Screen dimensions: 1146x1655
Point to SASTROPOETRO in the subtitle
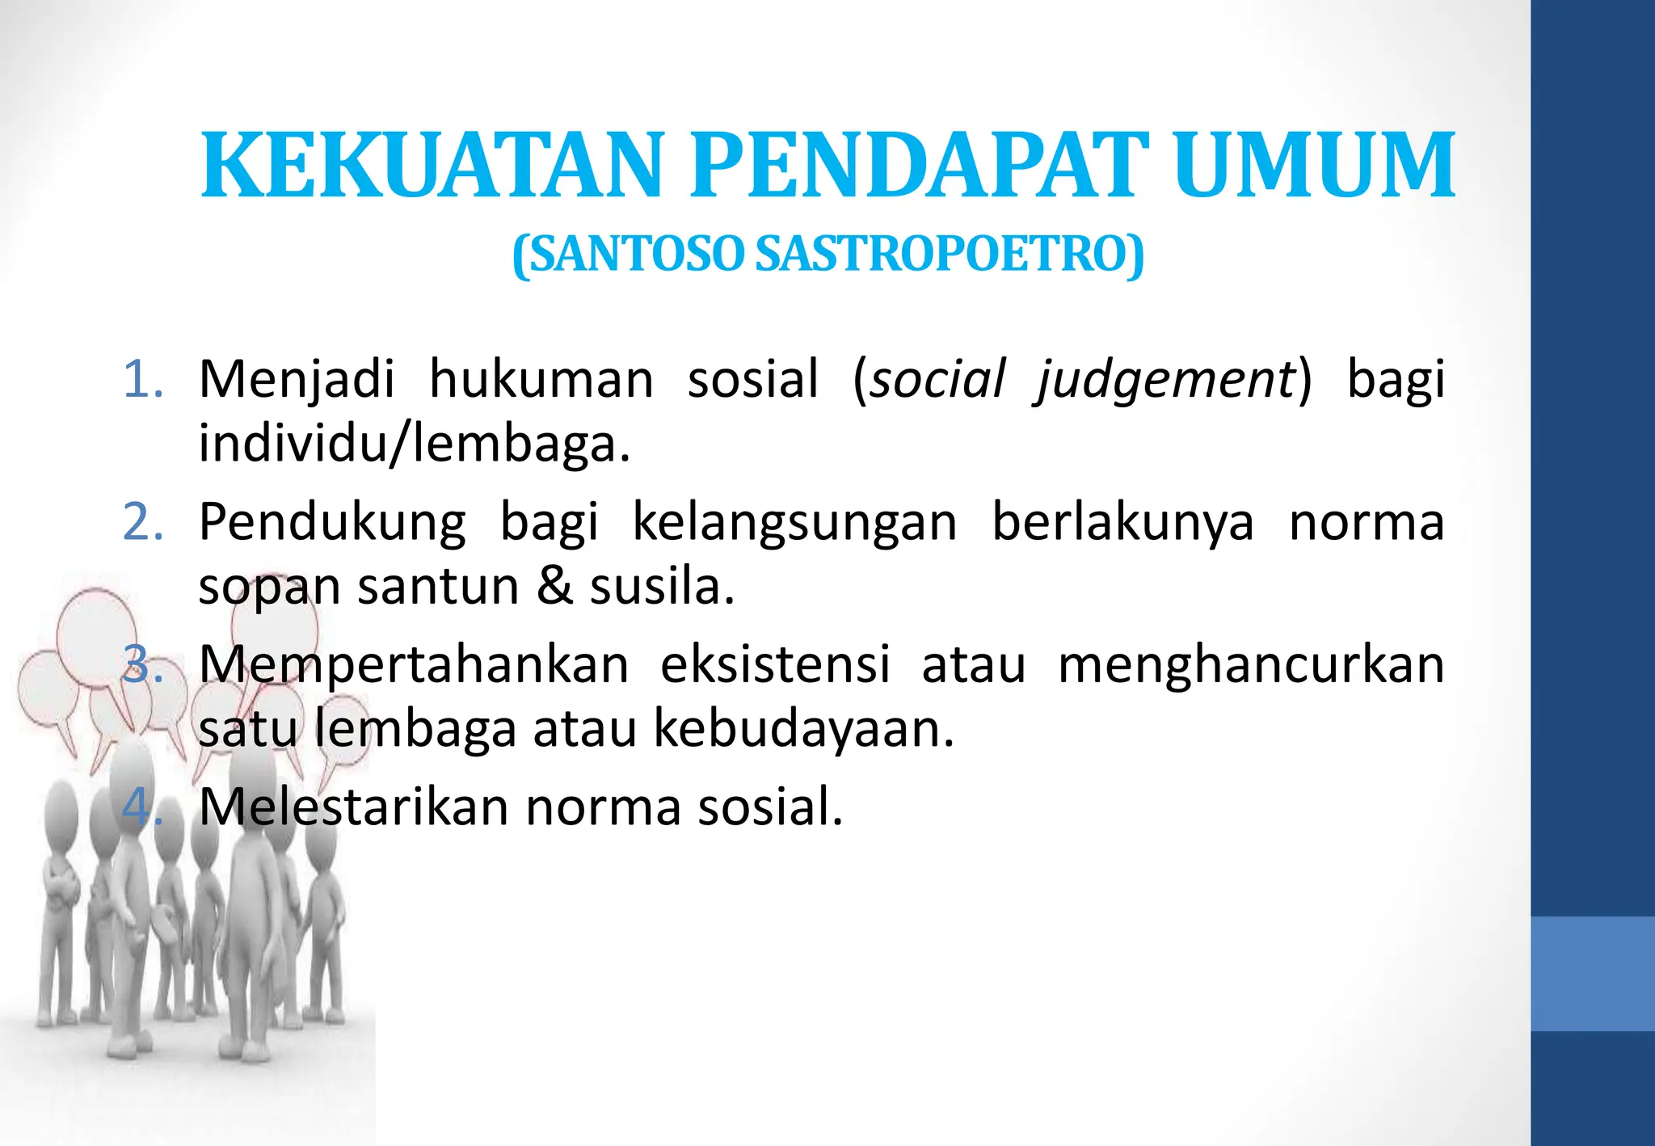click(x=949, y=255)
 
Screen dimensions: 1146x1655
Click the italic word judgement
click(x=1167, y=380)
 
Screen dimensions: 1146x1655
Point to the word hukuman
click(x=541, y=379)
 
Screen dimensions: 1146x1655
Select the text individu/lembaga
click(x=414, y=444)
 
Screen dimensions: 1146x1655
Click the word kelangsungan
click(x=794, y=522)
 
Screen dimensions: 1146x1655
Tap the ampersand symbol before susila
click(x=554, y=586)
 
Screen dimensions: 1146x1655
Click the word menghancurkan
click(x=1251, y=665)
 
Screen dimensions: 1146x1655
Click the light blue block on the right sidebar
click(x=1592, y=973)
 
